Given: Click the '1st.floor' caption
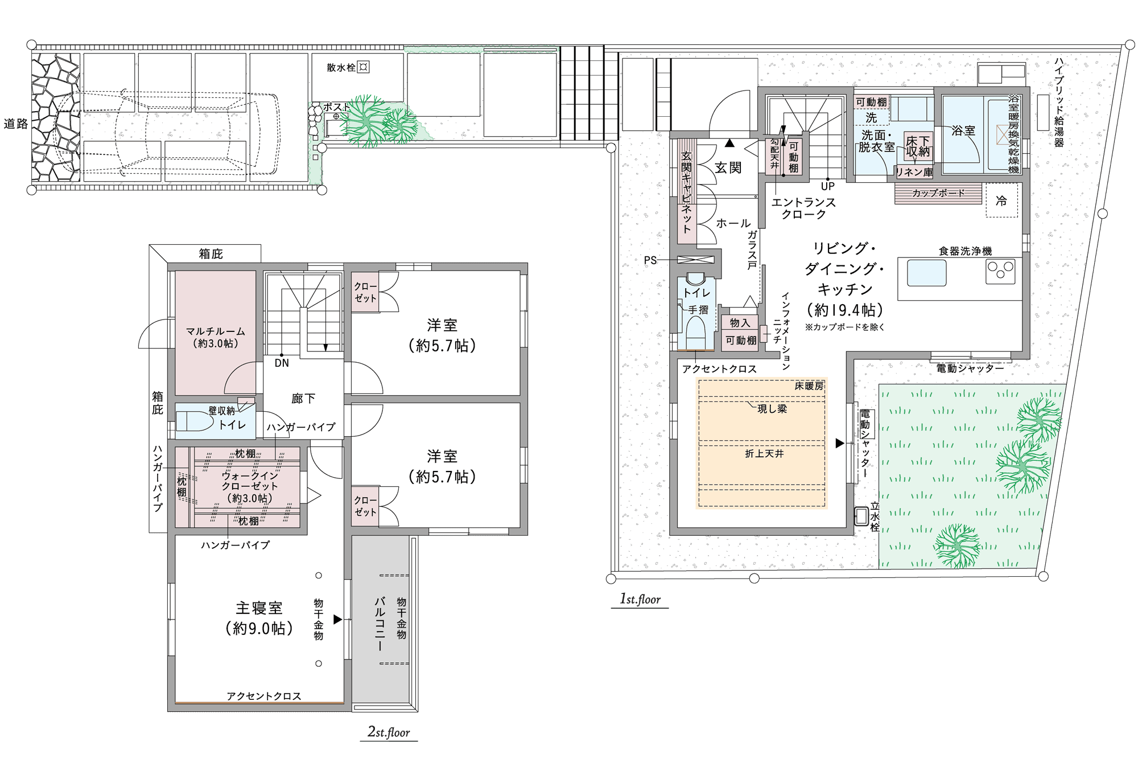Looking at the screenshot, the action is click(x=640, y=599).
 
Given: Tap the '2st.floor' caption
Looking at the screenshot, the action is click(x=389, y=732).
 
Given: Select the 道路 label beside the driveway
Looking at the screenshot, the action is click(x=16, y=124).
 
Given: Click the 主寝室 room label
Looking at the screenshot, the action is click(x=259, y=608).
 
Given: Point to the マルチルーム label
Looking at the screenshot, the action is click(x=216, y=331).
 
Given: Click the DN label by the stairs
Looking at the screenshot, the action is click(x=282, y=363).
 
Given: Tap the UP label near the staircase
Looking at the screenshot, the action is click(x=828, y=186).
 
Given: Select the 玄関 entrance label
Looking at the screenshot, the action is click(x=728, y=167).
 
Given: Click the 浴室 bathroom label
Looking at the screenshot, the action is click(x=963, y=130).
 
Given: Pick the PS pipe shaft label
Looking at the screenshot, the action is click(x=650, y=260).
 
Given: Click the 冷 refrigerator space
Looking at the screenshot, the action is click(x=1001, y=200).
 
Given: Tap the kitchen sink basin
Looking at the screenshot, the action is click(x=927, y=273).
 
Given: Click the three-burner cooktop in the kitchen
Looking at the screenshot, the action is click(x=1000, y=272).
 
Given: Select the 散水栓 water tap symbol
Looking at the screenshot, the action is click(x=363, y=67).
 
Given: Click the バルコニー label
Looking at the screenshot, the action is click(x=380, y=624).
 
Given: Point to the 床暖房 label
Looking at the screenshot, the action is click(x=809, y=386).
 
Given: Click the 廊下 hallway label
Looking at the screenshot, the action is click(x=303, y=399).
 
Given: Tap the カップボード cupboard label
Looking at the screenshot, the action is click(x=938, y=193).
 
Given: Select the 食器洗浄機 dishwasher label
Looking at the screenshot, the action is click(x=965, y=251).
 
